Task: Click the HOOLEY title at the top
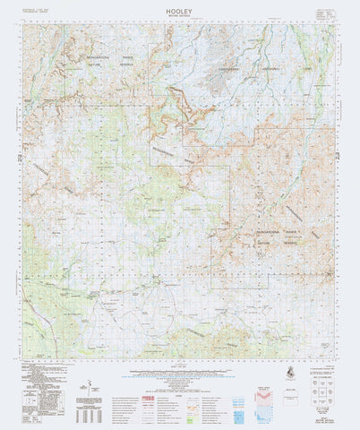pyautogui.click(x=179, y=6)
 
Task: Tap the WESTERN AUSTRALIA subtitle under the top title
pyautogui.click(x=179, y=13)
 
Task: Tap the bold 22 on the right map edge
pyautogui.click(x=338, y=158)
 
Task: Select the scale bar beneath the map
pyautogui.click(x=179, y=370)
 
